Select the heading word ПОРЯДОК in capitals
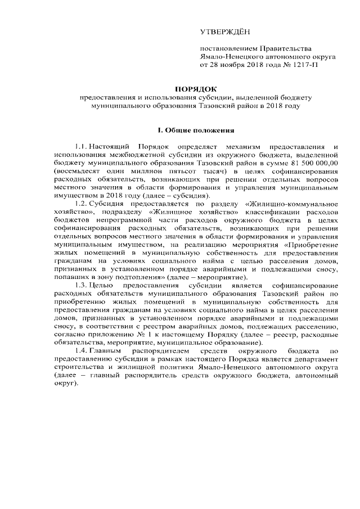[195, 89]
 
